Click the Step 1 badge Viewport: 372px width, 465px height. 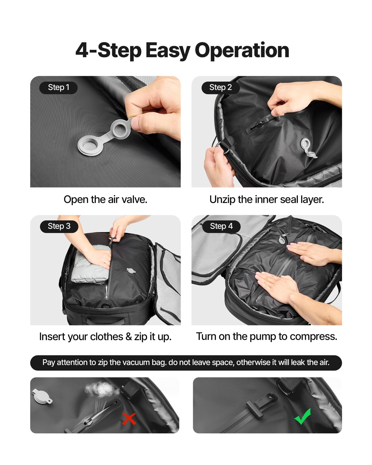tap(58, 88)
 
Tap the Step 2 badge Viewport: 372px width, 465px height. tap(220, 88)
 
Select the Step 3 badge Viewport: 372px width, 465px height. tap(59, 226)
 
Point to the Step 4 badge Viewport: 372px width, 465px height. tap(221, 226)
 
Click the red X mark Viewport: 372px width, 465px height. tap(129, 419)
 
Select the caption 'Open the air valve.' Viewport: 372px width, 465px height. tap(105, 200)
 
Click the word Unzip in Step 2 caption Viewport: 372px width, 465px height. tap(222, 200)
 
